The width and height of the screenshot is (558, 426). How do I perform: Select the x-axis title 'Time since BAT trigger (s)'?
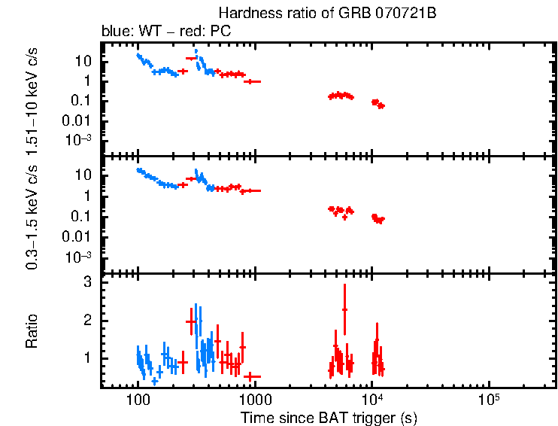pos(329,417)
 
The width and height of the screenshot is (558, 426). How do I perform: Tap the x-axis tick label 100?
pos(138,399)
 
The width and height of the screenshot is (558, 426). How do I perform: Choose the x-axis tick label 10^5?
pos(490,397)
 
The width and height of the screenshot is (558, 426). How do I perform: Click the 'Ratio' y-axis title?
pos(32,331)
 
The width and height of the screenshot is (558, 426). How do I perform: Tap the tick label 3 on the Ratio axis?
pos(87,281)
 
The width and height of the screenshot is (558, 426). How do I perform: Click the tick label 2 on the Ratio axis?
pos(87,320)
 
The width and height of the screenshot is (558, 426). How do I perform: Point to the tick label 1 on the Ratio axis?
pos(87,358)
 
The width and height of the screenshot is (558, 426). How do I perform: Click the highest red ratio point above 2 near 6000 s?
pos(344,310)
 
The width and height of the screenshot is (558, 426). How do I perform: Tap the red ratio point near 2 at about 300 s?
pos(191,321)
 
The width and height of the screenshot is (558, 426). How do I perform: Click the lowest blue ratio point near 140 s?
pos(154,381)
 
